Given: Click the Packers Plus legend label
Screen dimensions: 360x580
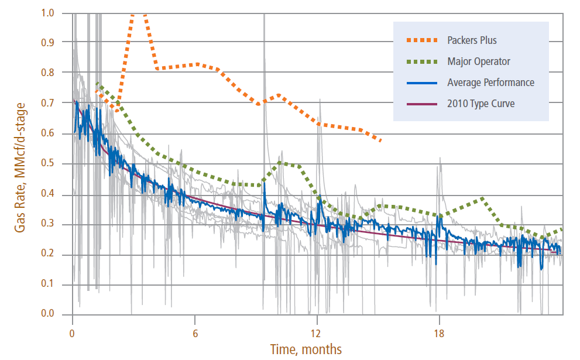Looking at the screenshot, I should tap(472, 40).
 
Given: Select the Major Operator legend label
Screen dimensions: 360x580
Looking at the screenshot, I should tap(478, 61).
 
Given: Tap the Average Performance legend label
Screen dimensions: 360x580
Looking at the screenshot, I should tap(490, 83).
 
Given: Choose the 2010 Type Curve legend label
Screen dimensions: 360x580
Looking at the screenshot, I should tap(481, 104).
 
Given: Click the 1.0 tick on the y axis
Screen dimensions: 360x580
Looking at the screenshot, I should tap(56, 12).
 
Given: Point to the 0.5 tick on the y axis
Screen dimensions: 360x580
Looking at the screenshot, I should tap(56, 163).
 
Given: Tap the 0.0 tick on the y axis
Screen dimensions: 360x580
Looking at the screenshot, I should tap(56, 314).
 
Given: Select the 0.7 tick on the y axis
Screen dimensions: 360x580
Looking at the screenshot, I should tap(56, 103).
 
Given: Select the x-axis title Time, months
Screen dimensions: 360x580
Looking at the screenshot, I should tap(306, 349).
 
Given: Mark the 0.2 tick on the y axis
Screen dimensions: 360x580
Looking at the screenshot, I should tap(56, 254).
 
